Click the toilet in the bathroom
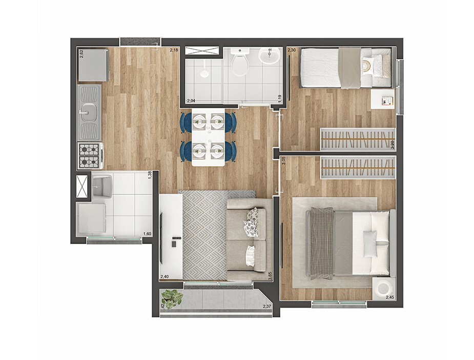[x=239, y=64]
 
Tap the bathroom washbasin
[x=269, y=55]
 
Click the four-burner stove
[x=89, y=155]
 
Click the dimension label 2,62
[x=81, y=53]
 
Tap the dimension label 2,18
[x=174, y=50]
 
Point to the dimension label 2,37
[x=266, y=307]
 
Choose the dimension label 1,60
[x=147, y=234]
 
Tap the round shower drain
[x=204, y=73]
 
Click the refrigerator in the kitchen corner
[x=93, y=65]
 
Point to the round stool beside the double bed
[x=384, y=288]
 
